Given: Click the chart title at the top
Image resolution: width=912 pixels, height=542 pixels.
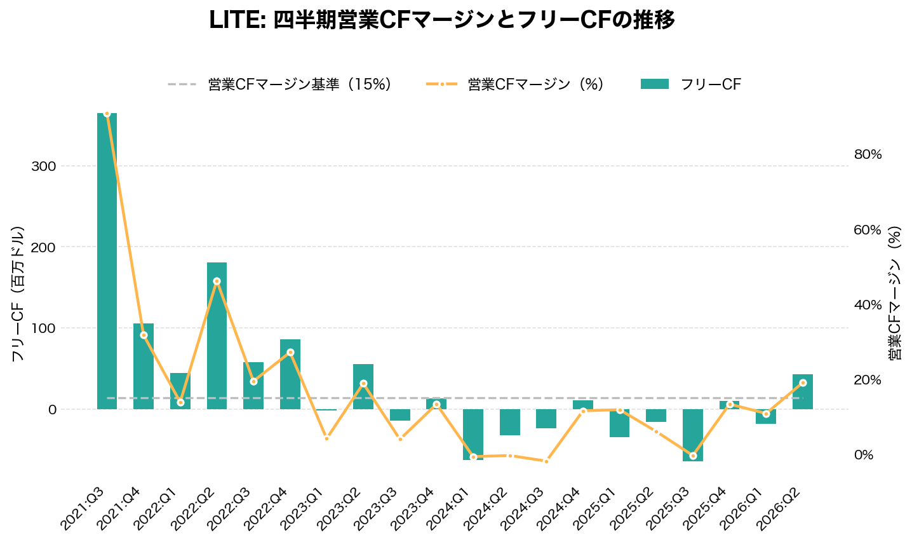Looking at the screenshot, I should tap(442, 20).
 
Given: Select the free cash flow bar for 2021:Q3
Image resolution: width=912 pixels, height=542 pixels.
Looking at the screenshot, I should tap(107, 261).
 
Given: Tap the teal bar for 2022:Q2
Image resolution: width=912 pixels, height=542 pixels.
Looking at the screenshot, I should tap(217, 335).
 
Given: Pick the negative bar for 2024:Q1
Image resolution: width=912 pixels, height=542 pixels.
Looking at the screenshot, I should tap(473, 434).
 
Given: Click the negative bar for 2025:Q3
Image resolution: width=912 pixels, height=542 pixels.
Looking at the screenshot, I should tap(693, 435).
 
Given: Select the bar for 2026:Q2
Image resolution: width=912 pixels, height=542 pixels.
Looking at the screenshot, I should tap(803, 391).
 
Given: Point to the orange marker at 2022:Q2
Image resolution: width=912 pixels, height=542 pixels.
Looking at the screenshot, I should tap(217, 281).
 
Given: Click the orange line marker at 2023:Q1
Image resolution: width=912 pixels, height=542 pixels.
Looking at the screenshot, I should tap(326, 438).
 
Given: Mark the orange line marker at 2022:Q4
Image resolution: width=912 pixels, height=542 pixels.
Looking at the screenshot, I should tap(290, 352).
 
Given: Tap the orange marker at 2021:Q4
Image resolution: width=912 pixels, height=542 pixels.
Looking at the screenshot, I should tap(144, 335).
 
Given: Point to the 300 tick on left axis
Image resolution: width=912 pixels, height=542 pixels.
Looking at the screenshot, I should tap(43, 166).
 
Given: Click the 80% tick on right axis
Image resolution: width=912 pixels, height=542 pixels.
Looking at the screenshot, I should tap(868, 154).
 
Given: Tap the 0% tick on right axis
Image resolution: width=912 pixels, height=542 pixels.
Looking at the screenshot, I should tap(864, 455).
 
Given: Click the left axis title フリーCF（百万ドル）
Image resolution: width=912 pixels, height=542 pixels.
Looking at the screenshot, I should tap(18, 294).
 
